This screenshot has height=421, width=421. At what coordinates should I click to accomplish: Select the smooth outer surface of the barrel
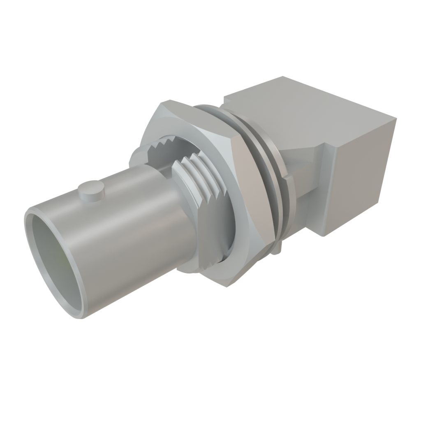coord(123,230)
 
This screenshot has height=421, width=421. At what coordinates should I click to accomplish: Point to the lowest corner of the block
coord(327,236)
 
